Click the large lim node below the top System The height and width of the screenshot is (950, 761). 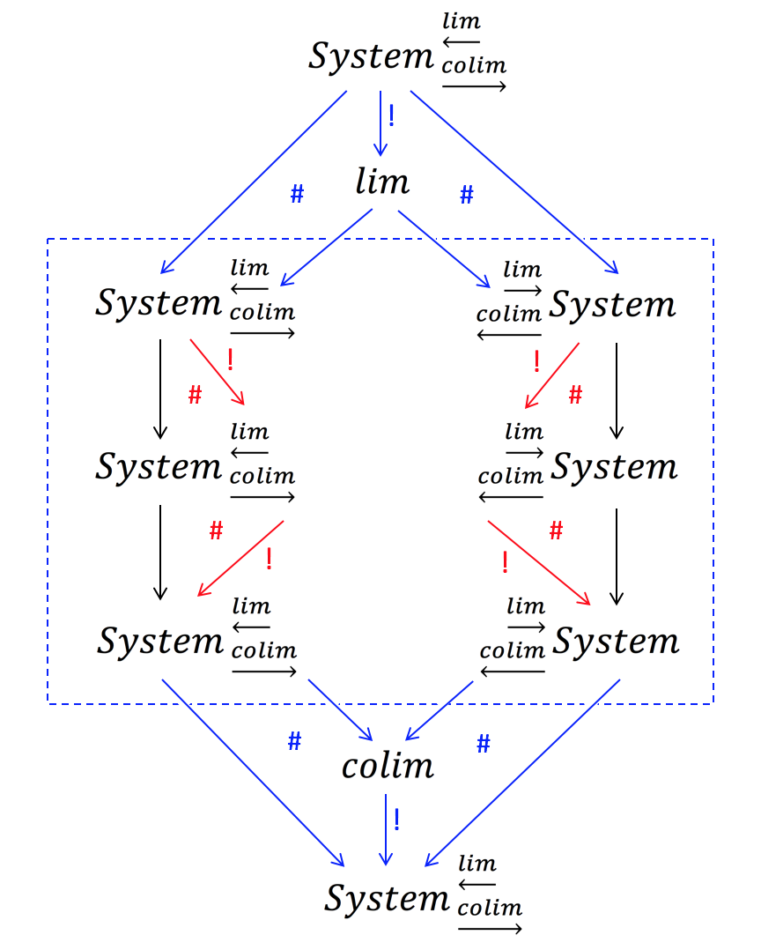pos(382,182)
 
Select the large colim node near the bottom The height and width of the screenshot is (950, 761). pos(388,766)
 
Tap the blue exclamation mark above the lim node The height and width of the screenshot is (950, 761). pos(391,116)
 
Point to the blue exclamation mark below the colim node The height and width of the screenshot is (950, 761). pos(397,820)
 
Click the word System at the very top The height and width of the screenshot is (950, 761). pos(370,56)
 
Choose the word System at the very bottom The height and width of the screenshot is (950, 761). pos(387,898)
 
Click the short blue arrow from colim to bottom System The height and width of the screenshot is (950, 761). pos(385,827)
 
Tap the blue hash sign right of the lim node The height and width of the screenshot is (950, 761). pos(467,196)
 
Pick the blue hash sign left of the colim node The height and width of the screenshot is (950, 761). pos(295,742)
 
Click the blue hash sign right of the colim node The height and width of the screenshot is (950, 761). pos(483,745)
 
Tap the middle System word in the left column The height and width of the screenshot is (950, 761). pos(159,466)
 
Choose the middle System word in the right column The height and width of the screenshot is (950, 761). pos(614,466)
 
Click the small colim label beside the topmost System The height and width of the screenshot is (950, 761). pos(474,66)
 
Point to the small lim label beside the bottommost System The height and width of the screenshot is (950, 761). pos(477,863)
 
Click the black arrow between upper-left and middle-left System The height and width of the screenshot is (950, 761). pos(160,388)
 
